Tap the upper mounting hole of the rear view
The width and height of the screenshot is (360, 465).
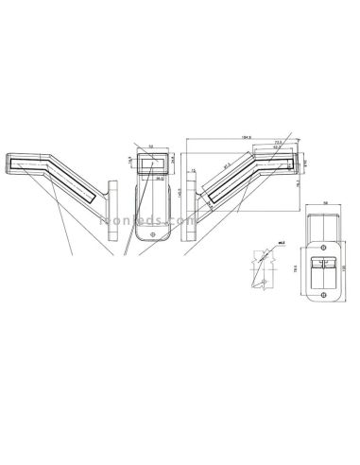(322, 240)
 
